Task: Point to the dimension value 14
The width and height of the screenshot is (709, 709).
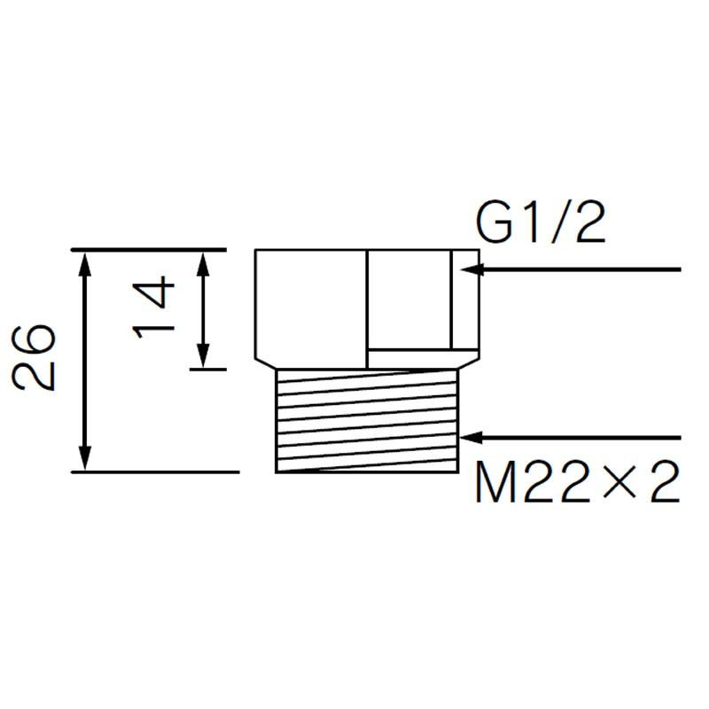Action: [x=152, y=308]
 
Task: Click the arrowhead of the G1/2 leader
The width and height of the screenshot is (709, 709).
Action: [x=471, y=269]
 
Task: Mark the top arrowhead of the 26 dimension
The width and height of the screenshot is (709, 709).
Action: [x=85, y=261]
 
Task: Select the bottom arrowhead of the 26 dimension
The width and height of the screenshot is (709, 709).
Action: [x=85, y=460]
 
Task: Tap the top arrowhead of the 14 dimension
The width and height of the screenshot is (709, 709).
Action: [x=204, y=261]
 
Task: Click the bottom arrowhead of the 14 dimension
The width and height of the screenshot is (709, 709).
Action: [x=204, y=357]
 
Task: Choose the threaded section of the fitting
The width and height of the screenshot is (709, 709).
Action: [x=367, y=421]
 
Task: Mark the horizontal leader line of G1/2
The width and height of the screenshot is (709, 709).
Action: [x=585, y=269]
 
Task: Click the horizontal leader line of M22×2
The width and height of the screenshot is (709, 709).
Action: [x=585, y=437]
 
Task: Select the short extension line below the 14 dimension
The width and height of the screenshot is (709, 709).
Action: [x=209, y=369]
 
